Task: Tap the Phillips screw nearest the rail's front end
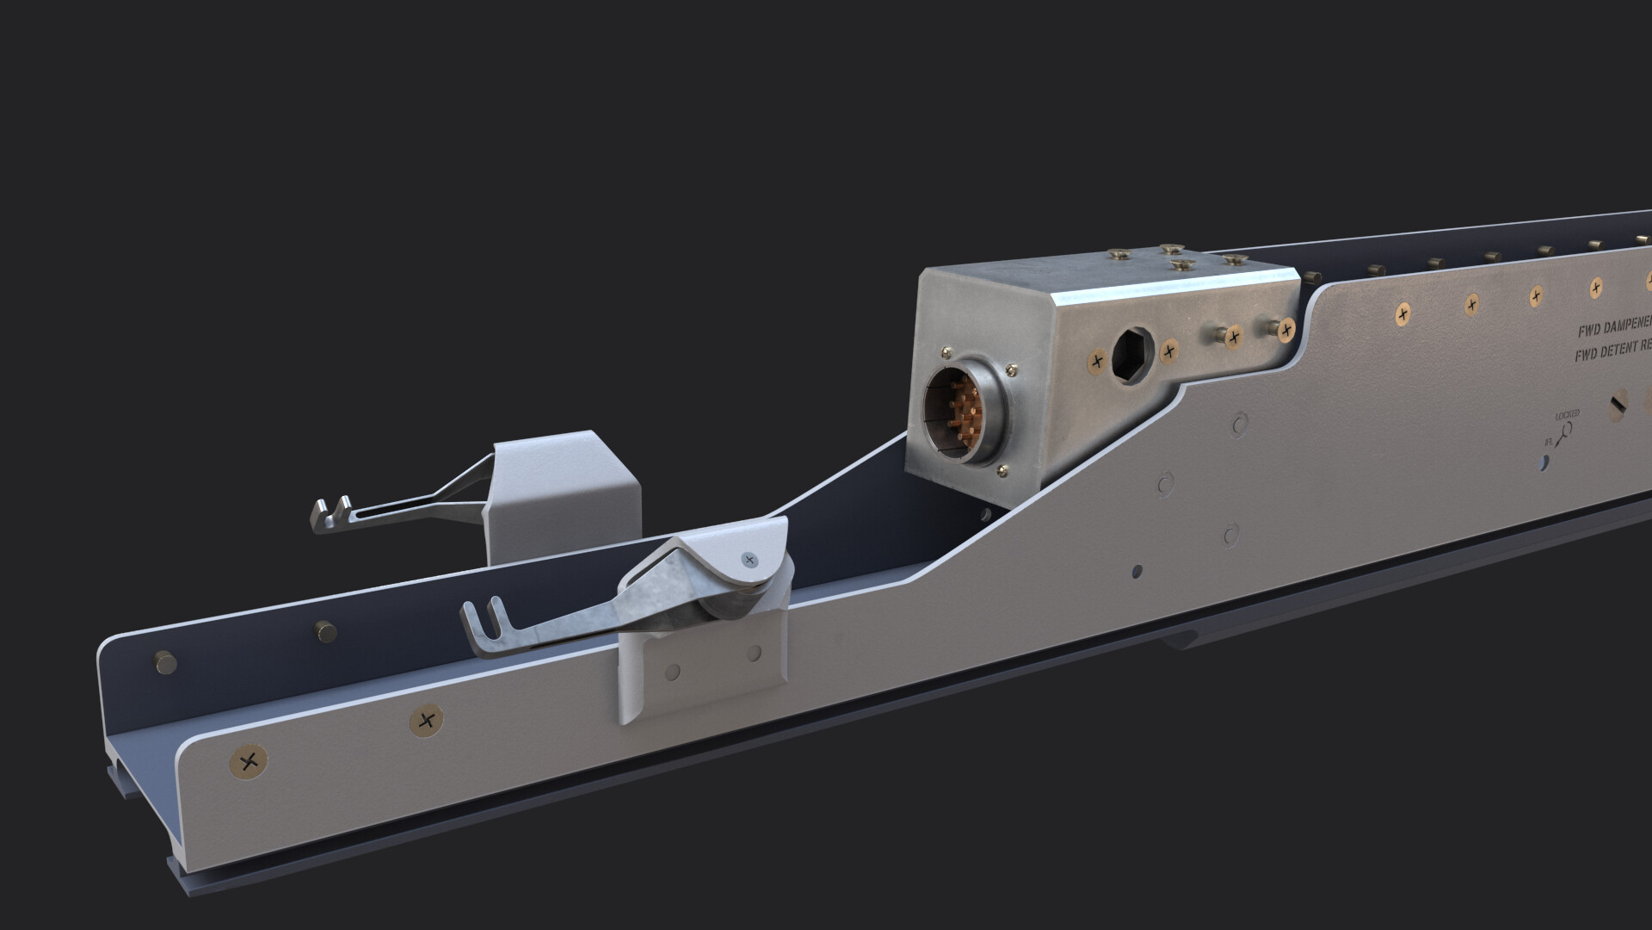pos(249,760)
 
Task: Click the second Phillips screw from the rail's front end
pos(424,721)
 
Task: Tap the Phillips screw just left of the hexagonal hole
pos(1097,362)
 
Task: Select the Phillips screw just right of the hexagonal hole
pos(1169,350)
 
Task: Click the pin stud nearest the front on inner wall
pos(163,662)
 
